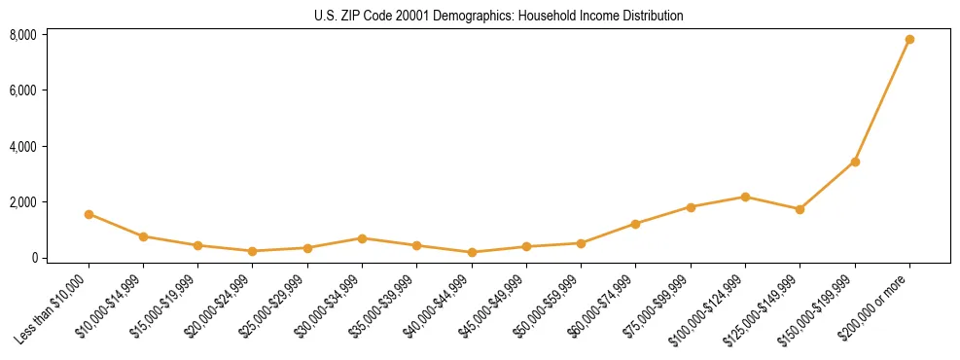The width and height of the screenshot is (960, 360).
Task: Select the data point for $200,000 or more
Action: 909,40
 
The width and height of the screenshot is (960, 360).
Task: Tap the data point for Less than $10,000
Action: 89,214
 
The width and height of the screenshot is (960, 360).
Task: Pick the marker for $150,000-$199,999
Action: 855,162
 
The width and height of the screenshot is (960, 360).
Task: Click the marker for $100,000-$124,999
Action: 745,197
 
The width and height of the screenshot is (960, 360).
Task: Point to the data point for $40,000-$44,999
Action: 472,252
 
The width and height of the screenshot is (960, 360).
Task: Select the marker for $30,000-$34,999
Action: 362,238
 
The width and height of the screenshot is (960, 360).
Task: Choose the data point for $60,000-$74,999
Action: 635,224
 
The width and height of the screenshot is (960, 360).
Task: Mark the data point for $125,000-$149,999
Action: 800,209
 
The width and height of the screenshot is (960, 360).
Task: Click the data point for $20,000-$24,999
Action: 253,251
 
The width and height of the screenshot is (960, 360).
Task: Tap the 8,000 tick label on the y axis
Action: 23,35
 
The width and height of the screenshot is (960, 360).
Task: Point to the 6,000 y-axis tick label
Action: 23,90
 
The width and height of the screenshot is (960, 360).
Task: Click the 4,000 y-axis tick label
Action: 23,147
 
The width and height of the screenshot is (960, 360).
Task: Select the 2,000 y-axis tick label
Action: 23,202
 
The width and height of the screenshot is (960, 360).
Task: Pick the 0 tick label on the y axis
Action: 32,258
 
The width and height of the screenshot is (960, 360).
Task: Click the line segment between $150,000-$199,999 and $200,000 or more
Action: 882,100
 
